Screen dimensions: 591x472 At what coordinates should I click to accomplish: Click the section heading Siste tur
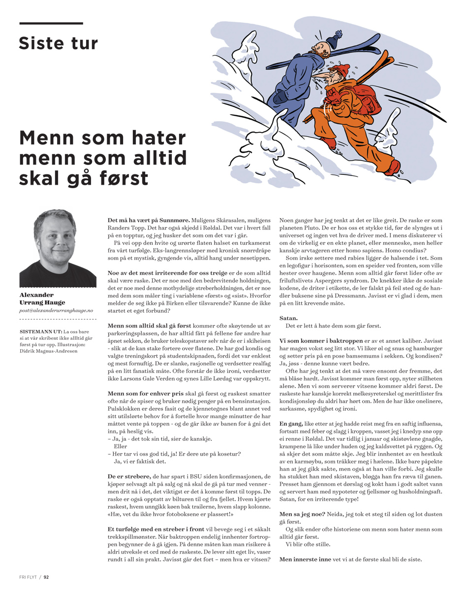pyautogui.click(x=58, y=43)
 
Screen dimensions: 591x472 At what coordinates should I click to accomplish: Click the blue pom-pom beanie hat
pyautogui.click(x=336, y=38)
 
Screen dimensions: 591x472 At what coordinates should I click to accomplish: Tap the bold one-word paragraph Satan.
pyautogui.click(x=288, y=318)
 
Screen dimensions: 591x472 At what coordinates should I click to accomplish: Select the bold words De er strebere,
pyautogui.click(x=129, y=477)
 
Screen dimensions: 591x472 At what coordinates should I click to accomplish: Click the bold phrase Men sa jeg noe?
pyautogui.click(x=302, y=514)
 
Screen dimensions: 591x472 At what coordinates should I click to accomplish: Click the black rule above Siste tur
pyautogui.click(x=51, y=23)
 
